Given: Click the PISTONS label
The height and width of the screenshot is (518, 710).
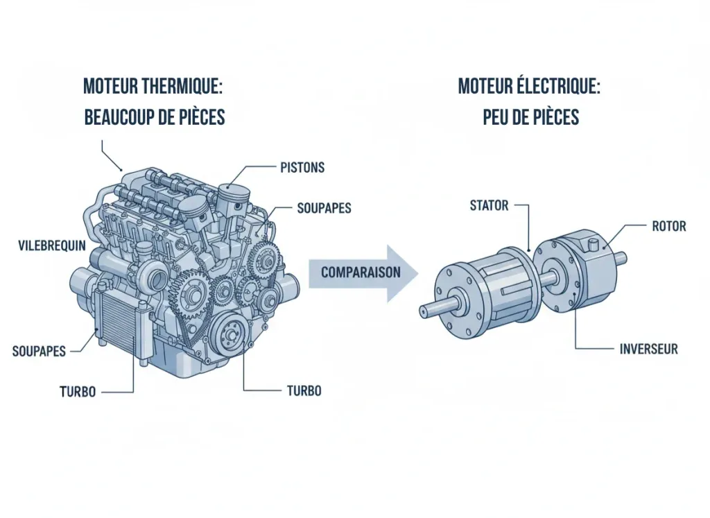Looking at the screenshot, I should [x=303, y=168].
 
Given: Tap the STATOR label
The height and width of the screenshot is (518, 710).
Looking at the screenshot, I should [x=490, y=205].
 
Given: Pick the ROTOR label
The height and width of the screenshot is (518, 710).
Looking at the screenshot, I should [x=669, y=226].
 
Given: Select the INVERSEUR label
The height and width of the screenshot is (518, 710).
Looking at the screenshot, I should [x=648, y=349].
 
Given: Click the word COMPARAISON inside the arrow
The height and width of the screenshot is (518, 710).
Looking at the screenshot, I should [x=361, y=273].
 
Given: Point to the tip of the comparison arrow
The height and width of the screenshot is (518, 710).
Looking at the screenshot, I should [x=417, y=273].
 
